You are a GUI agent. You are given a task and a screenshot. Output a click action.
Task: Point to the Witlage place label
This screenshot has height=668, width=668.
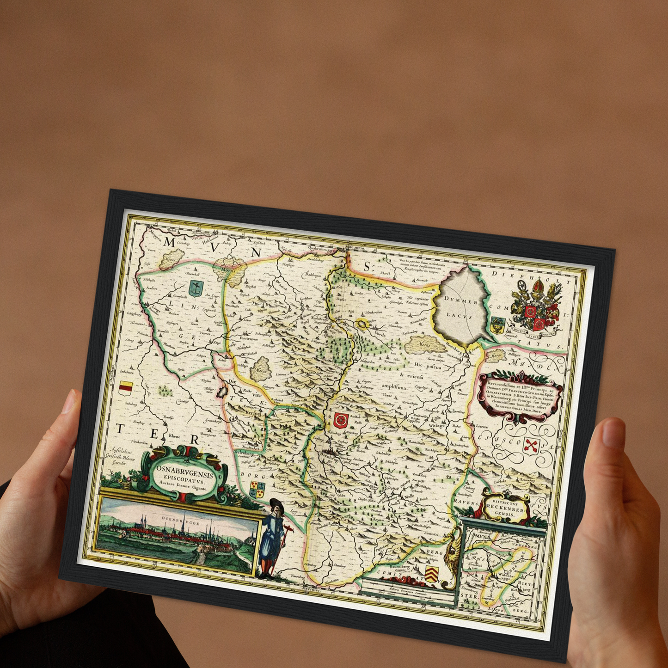point(436,425)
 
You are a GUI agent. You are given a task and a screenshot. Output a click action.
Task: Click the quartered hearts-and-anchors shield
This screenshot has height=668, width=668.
point(257,490)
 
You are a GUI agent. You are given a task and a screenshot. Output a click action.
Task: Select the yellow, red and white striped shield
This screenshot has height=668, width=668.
point(125,388)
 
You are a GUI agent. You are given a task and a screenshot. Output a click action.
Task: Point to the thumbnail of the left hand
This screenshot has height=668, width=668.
point(69,401)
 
